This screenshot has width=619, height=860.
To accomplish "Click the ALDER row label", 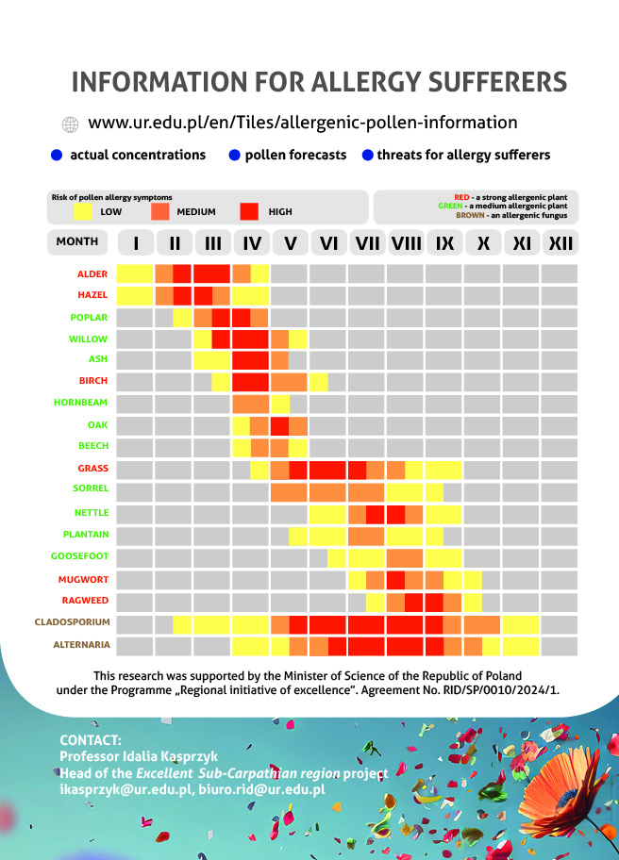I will [x=92, y=273].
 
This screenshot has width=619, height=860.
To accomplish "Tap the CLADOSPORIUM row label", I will [x=73, y=622].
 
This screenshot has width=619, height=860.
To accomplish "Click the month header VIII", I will [x=406, y=243].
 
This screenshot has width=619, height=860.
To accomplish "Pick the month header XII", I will [x=560, y=243].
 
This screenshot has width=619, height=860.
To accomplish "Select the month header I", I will [x=136, y=243].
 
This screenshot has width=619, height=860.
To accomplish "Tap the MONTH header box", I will [x=77, y=242].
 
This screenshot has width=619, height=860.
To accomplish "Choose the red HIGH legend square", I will [x=249, y=211].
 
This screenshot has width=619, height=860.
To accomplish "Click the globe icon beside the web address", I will [x=70, y=124].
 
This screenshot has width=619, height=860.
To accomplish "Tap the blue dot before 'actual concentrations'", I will [x=57, y=155].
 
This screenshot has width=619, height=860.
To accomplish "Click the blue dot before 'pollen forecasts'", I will [x=234, y=155].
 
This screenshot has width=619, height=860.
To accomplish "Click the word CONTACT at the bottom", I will [x=91, y=739].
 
